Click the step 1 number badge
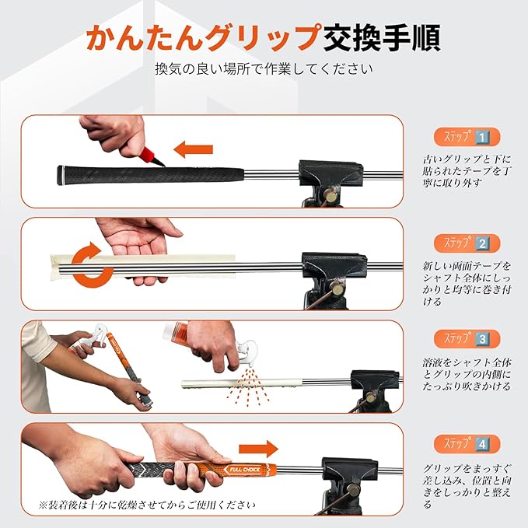[482, 138]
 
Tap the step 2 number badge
[482, 243]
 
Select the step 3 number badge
[482, 339]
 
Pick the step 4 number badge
[482, 445]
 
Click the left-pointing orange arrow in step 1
[194, 149]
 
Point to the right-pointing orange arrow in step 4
[258, 449]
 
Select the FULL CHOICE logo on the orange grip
[245, 470]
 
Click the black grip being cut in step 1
[150, 175]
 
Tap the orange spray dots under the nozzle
[249, 386]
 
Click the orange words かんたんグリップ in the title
[202, 37]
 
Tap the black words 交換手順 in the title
[381, 37]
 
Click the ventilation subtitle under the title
[264, 69]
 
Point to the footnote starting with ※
[147, 505]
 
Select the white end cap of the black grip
[60, 175]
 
